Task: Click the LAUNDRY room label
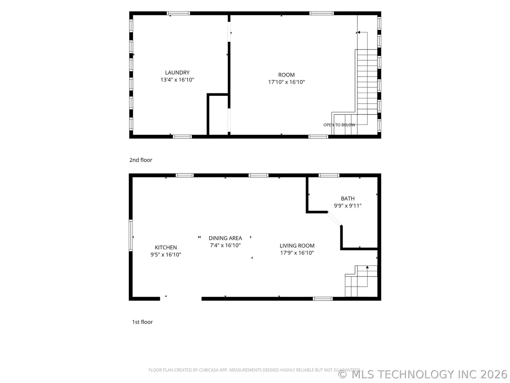tap(177, 73)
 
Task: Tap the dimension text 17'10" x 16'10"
tap(286, 82)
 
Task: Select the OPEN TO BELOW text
tap(339, 125)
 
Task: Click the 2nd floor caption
tap(141, 160)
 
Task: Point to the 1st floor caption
tap(142, 322)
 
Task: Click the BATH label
tap(347, 199)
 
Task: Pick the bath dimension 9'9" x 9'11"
tap(347, 205)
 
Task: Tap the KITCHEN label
tap(166, 247)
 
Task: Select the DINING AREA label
tap(225, 238)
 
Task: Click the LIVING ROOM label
tap(297, 246)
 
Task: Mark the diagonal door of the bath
tap(334, 219)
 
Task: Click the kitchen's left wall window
tap(131, 235)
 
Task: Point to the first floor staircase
tap(361, 281)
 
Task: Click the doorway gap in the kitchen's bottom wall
tap(181, 299)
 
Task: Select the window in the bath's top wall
tap(329, 175)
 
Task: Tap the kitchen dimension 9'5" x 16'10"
tap(166, 255)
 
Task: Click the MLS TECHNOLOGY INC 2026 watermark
tap(422, 374)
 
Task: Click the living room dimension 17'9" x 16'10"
tap(297, 253)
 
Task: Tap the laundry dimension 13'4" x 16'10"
tap(177, 80)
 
